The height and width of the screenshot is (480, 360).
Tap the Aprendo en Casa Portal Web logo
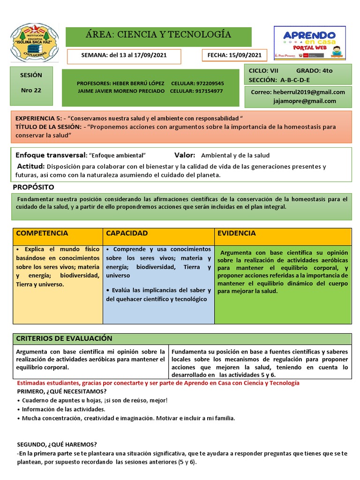(310, 43)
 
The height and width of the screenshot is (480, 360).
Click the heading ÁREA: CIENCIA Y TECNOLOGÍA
(158, 35)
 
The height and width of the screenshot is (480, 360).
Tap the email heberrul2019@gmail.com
(310, 92)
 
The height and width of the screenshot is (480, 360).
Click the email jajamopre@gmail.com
(305, 101)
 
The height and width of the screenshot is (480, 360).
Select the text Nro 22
(31, 90)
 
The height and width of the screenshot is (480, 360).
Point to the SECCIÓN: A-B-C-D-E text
(279, 80)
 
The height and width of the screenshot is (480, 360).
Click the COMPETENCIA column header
(42, 233)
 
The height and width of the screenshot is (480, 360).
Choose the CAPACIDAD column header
(127, 233)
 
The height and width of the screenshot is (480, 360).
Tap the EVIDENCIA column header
(237, 233)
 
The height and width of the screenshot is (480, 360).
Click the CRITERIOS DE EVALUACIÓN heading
(64, 338)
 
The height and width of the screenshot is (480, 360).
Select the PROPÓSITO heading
(33, 187)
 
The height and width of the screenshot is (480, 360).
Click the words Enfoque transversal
(51, 155)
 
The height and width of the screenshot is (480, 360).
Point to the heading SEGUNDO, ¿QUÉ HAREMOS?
(57, 444)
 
